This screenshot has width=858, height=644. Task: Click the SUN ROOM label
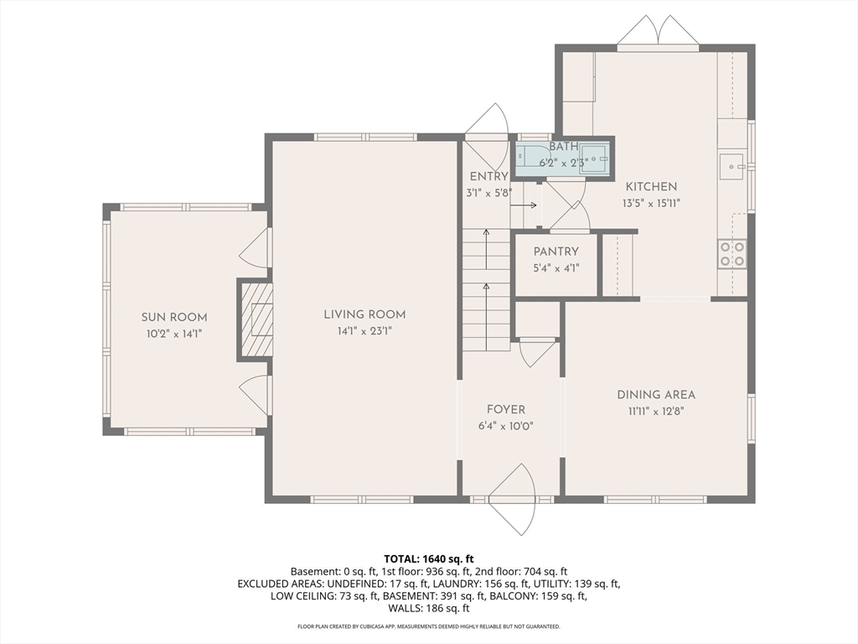point(174,318)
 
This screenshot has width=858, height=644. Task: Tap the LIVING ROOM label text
point(364,315)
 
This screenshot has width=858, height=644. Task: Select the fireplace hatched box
point(256,320)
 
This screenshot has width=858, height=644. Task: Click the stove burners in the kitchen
point(732,254)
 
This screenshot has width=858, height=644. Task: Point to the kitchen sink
point(732,167)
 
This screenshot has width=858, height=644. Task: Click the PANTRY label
point(556,252)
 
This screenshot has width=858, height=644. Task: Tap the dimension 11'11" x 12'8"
point(656,411)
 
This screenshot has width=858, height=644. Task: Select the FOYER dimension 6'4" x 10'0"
point(505,426)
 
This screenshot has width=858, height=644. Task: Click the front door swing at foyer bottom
point(512,500)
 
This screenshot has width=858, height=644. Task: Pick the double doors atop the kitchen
point(658,33)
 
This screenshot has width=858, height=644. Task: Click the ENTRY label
point(488,176)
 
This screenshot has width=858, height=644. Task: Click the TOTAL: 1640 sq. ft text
point(429,559)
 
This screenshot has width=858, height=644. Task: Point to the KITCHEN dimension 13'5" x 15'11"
point(651,203)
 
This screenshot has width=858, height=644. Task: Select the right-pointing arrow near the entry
point(524,205)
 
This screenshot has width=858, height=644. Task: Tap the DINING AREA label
point(656,395)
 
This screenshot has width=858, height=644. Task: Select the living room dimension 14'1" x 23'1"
point(364,331)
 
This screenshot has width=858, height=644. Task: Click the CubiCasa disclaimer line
point(429,626)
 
